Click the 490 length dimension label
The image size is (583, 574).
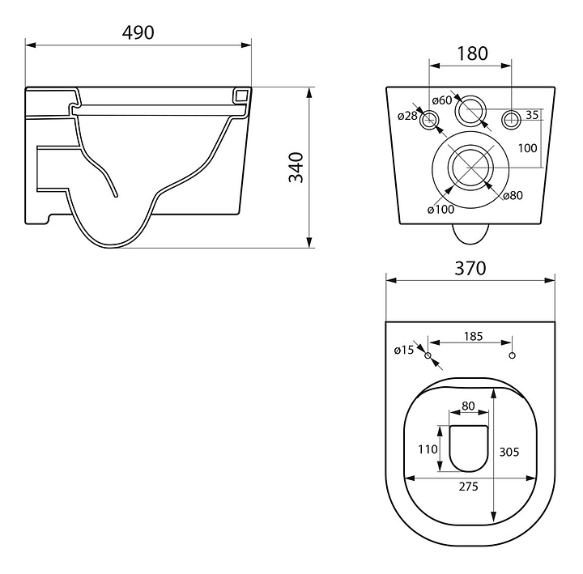(x=138, y=32)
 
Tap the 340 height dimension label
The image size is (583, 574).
(x=296, y=168)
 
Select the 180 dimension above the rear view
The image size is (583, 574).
(x=472, y=53)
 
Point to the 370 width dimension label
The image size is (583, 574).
(x=470, y=268)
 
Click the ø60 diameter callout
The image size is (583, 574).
(x=442, y=100)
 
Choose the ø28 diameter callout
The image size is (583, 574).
(x=407, y=116)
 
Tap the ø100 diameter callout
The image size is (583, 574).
(x=441, y=210)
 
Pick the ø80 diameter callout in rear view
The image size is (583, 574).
(x=513, y=195)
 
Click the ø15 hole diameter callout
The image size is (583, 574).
(x=404, y=350)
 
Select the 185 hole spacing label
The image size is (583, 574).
(x=474, y=336)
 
